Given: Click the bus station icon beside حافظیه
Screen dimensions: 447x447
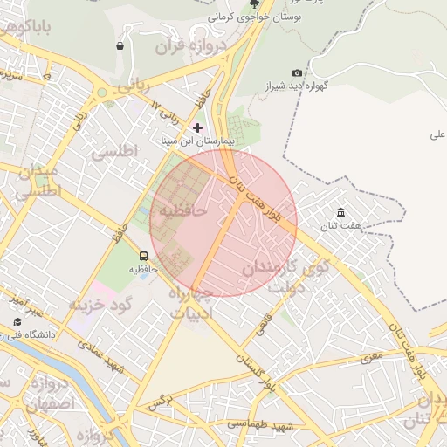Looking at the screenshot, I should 143,256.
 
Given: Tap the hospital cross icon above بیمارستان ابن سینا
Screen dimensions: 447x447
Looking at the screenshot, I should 197,127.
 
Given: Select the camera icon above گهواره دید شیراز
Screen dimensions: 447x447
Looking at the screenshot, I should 298,72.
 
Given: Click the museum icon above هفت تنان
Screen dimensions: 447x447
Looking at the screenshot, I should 340,213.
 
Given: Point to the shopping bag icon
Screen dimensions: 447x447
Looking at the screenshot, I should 120,45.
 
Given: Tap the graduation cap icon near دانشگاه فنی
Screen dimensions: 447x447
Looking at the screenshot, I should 17,322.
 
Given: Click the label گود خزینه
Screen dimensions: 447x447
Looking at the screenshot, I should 100,304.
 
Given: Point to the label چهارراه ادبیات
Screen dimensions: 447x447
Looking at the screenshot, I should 190,300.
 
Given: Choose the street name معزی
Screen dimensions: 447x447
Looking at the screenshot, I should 371,355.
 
